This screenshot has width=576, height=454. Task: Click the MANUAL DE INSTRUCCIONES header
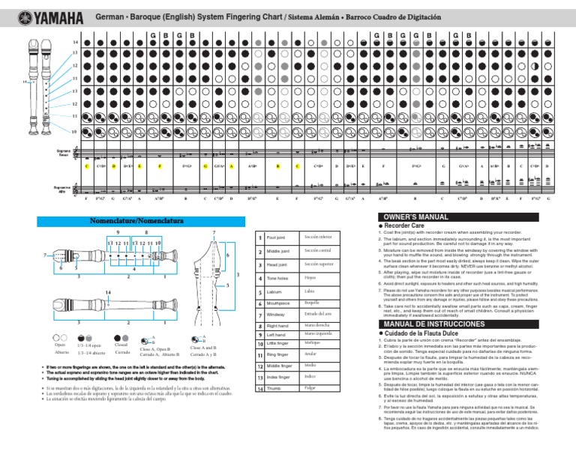pyautogui.click(x=428, y=322)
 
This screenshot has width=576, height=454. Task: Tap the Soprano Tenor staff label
pyautogui.click(x=63, y=152)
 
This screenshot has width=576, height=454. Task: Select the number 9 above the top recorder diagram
pyautogui.click(x=118, y=233)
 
